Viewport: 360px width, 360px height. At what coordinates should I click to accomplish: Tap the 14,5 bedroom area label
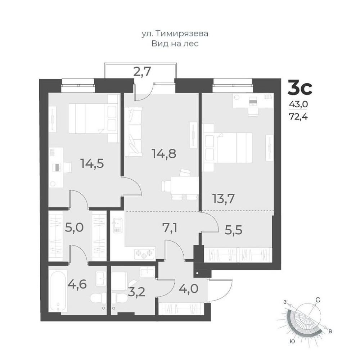92,163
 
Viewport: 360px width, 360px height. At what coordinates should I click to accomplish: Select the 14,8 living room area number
164,154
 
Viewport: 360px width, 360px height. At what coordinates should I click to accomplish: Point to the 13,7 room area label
224,199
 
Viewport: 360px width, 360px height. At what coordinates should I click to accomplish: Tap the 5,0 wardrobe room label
74,228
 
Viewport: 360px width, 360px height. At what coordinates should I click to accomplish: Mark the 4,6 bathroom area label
77,284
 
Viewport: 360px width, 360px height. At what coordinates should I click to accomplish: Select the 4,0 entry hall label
189,289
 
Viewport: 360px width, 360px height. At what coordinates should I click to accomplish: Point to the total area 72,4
298,117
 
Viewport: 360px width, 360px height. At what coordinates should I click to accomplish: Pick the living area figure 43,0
298,105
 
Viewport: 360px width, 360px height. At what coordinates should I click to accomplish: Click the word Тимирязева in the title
182,34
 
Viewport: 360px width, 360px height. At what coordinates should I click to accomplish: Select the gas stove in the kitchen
145,254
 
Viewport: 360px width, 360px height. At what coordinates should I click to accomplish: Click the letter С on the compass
318,300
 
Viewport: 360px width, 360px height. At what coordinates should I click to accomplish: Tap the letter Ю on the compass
292,342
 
